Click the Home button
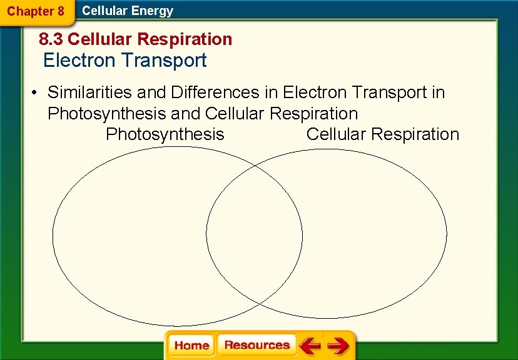[x=191, y=346]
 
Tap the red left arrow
[x=310, y=346]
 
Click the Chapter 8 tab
[x=36, y=11]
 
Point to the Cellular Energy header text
[x=128, y=11]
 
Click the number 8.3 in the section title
[x=51, y=39]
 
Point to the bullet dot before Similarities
[x=36, y=93]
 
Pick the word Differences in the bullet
[x=215, y=92]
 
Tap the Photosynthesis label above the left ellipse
[x=165, y=134]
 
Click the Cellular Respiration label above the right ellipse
[x=383, y=134]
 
